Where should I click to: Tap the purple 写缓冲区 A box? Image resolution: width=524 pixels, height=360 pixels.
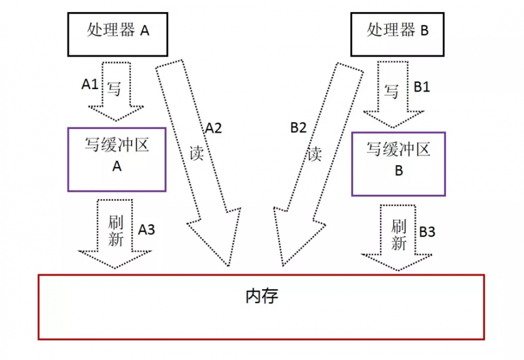point(117,159)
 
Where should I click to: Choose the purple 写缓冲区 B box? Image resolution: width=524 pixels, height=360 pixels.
point(398,163)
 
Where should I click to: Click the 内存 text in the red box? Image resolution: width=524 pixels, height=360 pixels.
point(261,297)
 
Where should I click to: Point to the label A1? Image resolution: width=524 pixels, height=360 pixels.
point(90,84)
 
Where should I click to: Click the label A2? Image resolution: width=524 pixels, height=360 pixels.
point(213,128)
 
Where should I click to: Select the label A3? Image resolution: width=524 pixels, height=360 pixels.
point(147,229)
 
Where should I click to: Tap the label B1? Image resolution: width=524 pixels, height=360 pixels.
point(422,87)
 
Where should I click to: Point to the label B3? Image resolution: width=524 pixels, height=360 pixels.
point(427,232)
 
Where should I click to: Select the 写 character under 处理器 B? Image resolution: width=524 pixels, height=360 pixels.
point(391,92)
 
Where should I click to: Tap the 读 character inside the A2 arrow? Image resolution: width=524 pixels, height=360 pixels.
point(196,154)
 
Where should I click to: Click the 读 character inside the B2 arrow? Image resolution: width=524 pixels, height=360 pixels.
point(314,154)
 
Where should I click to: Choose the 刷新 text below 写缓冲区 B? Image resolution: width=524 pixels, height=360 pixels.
point(399,235)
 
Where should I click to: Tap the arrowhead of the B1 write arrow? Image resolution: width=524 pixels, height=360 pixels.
point(394,119)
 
